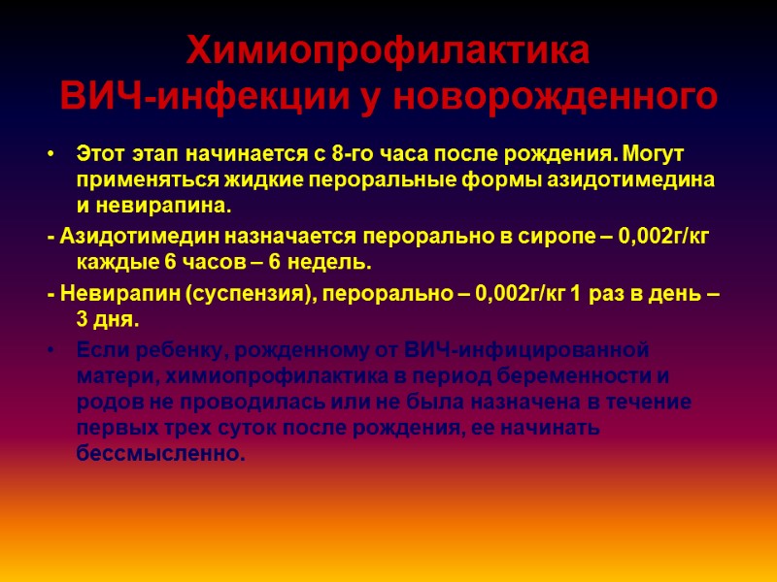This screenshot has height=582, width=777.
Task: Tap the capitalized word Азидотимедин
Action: (139, 239)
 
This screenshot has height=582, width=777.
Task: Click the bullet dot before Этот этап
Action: (51, 156)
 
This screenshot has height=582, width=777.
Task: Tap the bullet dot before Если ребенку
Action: (51, 351)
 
